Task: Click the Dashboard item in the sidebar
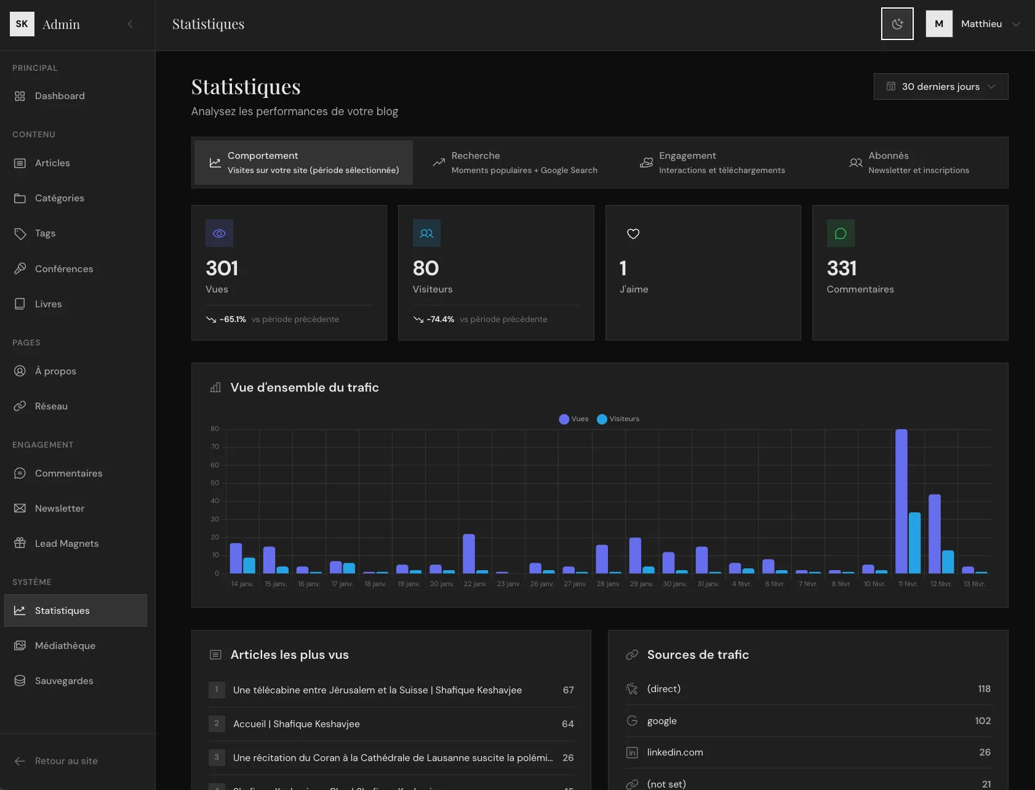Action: (60, 96)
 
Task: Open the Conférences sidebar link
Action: (64, 269)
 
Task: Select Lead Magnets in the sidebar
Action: (66, 544)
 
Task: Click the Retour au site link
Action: (66, 761)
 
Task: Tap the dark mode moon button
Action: (897, 24)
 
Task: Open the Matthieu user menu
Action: (981, 24)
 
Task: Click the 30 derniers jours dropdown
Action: (940, 87)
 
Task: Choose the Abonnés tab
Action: (909, 163)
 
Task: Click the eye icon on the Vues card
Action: (219, 233)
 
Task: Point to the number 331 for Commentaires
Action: (841, 268)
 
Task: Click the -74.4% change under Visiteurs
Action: (440, 320)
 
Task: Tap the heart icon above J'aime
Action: (633, 233)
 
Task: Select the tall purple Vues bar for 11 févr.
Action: (901, 502)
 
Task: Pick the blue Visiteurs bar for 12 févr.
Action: (948, 562)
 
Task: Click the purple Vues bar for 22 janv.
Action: (469, 554)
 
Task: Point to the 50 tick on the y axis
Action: (215, 483)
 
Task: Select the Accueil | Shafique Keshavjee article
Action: (296, 724)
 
